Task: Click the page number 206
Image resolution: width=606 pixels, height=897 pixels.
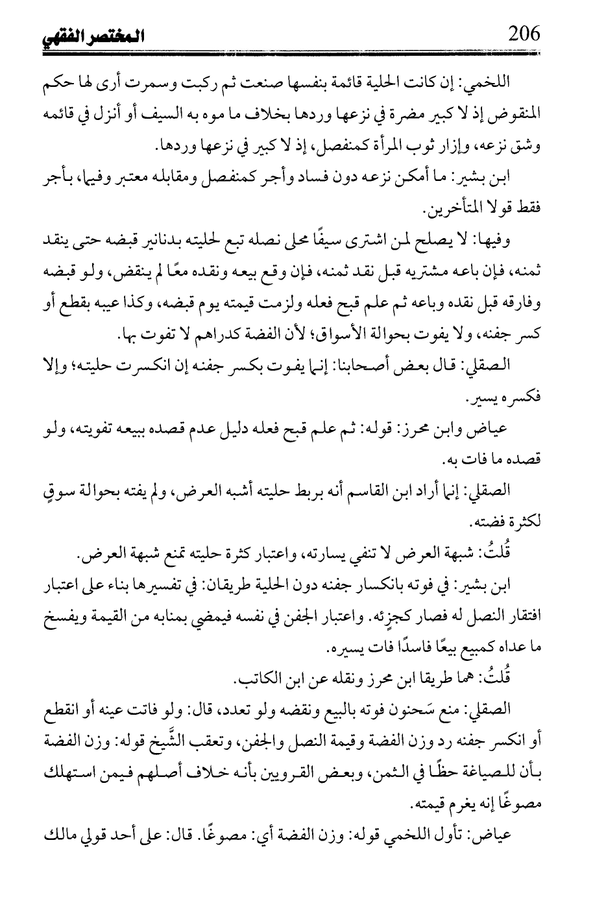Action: pos(524,34)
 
